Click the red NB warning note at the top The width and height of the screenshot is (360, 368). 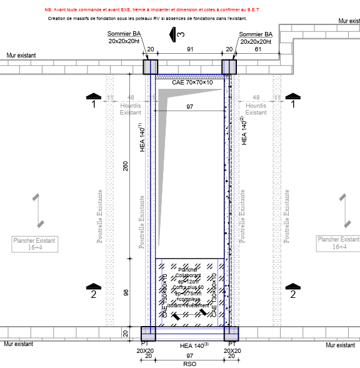pos(151,11)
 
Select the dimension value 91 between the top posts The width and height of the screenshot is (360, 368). pos(190,49)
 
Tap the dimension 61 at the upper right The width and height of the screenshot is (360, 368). pos(258,49)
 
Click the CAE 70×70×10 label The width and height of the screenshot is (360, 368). pos(192,82)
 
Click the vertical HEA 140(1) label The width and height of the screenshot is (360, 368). pos(142,138)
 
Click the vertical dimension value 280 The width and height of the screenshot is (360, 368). pos(125,166)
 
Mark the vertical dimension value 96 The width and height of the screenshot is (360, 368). pos(125,292)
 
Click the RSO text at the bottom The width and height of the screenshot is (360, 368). pos(189,364)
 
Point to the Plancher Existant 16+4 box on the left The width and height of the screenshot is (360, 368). pos(34,243)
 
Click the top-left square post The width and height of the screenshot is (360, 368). pos(151,67)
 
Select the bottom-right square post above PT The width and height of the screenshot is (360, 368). pos(231,333)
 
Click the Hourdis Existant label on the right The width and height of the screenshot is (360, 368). pos(256,109)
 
